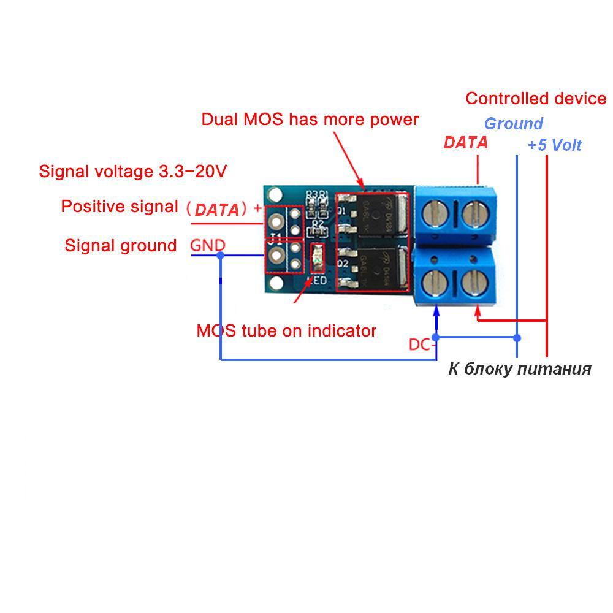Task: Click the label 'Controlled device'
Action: coord(536,99)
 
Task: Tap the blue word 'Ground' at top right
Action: coord(514,124)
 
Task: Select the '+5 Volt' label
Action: coord(555,145)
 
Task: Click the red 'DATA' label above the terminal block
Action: coord(466,143)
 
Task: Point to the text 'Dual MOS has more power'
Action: coord(310,119)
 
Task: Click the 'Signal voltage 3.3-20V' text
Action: coord(133,171)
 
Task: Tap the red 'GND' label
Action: coord(208,245)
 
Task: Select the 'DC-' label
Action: coord(422,345)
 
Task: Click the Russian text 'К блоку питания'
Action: coord(520,368)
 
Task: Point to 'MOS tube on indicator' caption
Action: coord(286,331)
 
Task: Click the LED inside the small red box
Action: coord(317,257)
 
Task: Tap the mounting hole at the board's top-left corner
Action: coord(275,196)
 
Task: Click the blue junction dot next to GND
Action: coord(221,254)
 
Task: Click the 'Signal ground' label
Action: coord(121,246)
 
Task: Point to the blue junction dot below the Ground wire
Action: coord(517,338)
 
